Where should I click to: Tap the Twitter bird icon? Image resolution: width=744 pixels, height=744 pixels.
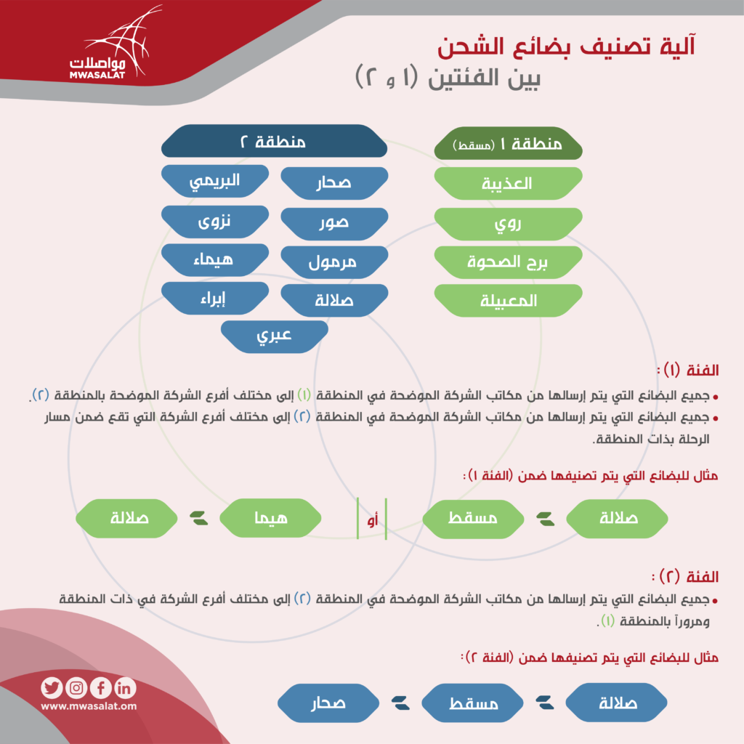(52, 687)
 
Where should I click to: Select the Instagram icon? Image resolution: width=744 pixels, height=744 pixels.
(76, 687)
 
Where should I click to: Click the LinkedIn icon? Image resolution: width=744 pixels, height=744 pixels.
(125, 687)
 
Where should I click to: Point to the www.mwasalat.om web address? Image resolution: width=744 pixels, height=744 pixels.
(89, 706)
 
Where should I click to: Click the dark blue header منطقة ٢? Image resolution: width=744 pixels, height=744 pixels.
(274, 141)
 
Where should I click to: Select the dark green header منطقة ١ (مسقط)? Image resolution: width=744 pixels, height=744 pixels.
(508, 143)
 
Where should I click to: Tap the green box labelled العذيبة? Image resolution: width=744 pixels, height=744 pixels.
(508, 183)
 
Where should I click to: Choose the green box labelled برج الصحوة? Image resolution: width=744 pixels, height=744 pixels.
(508, 262)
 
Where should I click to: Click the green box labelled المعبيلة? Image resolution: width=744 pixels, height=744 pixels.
(508, 300)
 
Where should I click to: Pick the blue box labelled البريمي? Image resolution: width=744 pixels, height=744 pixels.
(215, 181)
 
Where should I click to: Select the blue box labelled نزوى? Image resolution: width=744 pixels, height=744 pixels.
(215, 222)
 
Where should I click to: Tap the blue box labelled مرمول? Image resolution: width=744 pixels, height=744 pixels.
(334, 262)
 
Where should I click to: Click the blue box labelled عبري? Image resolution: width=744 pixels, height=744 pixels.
(274, 336)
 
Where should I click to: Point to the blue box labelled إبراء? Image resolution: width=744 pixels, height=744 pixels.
(215, 298)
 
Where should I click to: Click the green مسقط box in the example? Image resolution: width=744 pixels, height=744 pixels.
(473, 518)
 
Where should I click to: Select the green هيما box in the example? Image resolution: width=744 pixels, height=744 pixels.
(270, 518)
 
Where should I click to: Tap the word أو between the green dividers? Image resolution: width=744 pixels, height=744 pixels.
(373, 520)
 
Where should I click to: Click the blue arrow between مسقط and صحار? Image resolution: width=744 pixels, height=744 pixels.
(400, 703)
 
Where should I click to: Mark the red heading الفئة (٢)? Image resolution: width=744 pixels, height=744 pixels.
(685, 576)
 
